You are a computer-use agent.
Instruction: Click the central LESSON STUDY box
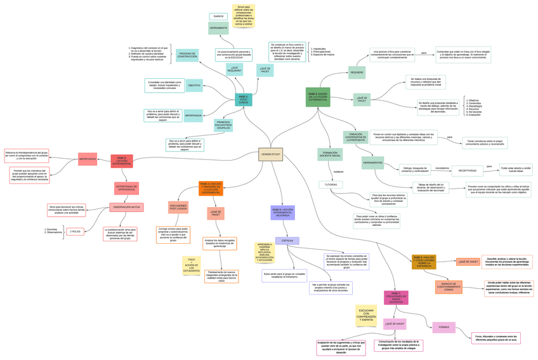(x=270, y=154)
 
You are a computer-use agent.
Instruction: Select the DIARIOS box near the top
(x=218, y=17)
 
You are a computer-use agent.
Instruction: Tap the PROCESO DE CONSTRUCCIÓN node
(x=187, y=55)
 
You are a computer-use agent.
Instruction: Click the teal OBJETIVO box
(x=194, y=86)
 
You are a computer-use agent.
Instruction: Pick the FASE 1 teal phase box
(x=243, y=100)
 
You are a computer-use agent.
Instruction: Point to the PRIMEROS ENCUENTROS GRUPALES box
(x=223, y=125)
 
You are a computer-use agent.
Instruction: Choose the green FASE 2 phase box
(x=318, y=97)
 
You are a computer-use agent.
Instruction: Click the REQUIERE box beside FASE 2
(x=357, y=72)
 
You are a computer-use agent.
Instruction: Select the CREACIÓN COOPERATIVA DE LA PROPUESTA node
(x=355, y=137)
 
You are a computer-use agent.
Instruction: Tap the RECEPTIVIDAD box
(x=468, y=170)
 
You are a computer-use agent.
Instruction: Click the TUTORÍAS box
(x=331, y=185)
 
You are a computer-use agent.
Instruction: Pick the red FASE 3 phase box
(x=121, y=161)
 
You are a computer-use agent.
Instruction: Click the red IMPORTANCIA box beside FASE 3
(x=88, y=159)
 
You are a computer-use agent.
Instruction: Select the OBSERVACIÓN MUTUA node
(x=126, y=208)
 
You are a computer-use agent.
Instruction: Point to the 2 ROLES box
(x=75, y=232)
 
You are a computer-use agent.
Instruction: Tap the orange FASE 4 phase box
(x=211, y=187)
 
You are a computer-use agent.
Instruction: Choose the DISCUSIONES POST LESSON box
(x=178, y=207)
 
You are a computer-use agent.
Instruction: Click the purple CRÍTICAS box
(x=287, y=241)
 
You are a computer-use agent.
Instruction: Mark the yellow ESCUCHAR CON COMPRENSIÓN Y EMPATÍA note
(x=366, y=315)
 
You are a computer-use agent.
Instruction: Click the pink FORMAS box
(x=443, y=328)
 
